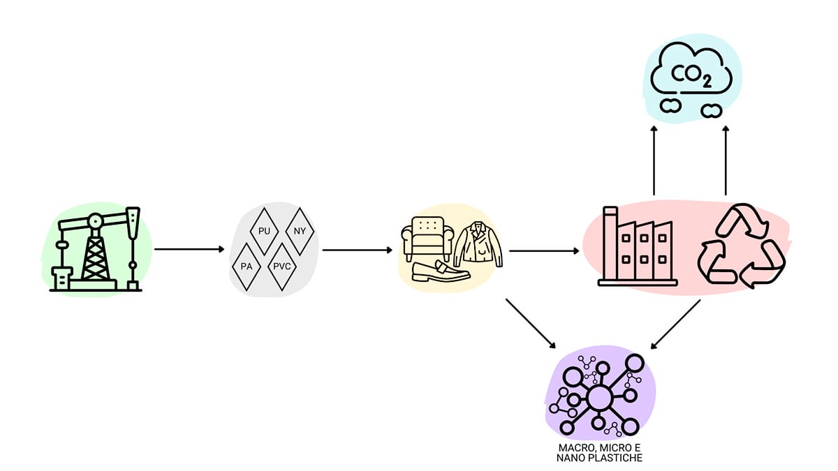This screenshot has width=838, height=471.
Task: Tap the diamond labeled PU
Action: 265,230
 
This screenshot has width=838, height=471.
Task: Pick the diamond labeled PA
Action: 246,267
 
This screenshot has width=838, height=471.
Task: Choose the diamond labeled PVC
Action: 283,267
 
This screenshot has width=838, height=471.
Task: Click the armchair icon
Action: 428,237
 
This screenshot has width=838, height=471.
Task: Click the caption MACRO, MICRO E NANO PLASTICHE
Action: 600,452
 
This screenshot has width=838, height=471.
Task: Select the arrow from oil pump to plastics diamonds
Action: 189,248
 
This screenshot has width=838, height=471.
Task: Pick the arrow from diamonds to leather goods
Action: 357,249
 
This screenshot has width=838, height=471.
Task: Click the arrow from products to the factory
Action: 545,249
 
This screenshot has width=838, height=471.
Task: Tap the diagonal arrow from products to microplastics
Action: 531,324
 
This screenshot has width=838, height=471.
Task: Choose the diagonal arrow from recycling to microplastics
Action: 675,324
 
